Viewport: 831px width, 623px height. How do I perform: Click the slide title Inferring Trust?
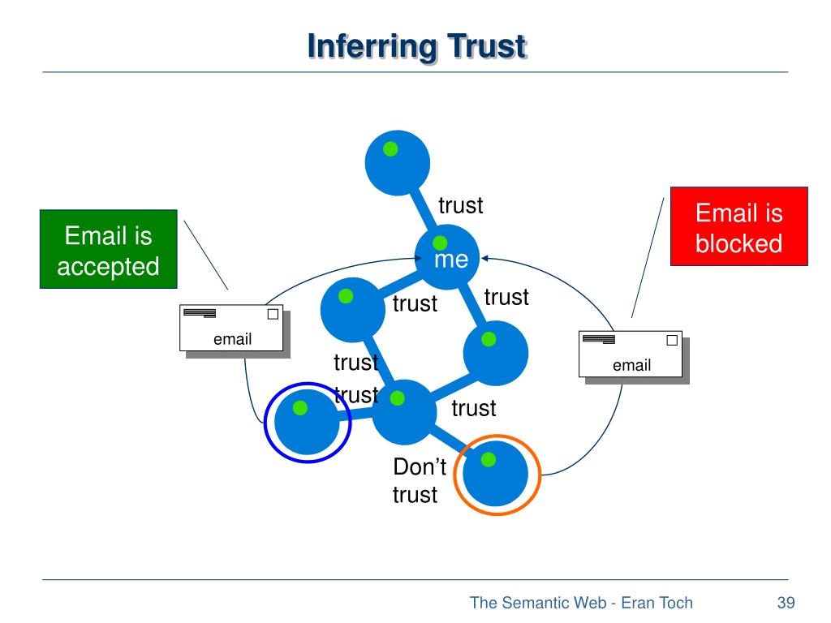coord(417,46)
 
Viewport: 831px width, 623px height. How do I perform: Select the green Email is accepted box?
coord(109,249)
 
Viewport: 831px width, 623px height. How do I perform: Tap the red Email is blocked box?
coord(738,226)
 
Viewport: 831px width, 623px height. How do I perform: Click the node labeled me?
coord(447,257)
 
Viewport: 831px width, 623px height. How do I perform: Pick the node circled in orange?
coord(496,474)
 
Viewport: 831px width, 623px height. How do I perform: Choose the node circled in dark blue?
coord(307,422)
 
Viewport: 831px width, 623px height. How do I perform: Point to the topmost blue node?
coord(398,162)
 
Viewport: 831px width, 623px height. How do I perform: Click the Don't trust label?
coord(420,480)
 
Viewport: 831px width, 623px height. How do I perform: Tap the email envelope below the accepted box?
coord(231,328)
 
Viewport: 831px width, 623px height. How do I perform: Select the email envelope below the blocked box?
coord(631,354)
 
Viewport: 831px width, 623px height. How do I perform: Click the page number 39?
coord(786,603)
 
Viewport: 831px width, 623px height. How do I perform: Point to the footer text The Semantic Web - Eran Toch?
coord(581,603)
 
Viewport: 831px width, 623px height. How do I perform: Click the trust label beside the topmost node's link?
coord(461,205)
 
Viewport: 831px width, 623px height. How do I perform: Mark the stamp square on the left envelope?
coord(273,314)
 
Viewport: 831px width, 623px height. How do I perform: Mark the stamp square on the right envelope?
coord(672,340)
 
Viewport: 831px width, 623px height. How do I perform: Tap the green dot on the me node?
coord(440,243)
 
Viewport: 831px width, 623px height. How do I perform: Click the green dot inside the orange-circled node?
coord(489,460)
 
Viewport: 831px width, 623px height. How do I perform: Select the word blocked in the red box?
coord(738,243)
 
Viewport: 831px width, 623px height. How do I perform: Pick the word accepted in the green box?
coord(108,267)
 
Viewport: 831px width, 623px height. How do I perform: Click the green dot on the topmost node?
coord(390,149)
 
